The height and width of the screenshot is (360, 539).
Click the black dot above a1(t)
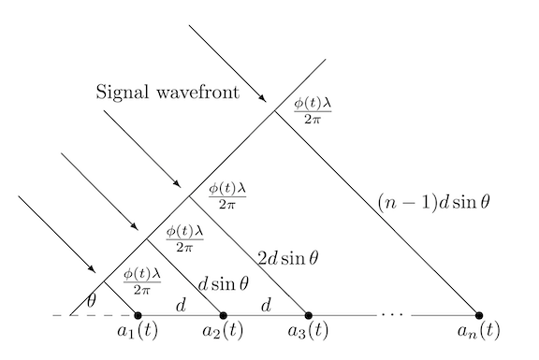tap(138, 315)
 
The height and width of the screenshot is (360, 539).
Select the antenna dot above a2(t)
tap(223, 315)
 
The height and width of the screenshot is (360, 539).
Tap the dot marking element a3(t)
tap(309, 315)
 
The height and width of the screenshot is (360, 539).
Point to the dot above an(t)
tap(479, 315)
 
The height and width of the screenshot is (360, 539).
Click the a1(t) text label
tap(138, 331)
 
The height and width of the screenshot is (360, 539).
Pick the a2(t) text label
tap(223, 331)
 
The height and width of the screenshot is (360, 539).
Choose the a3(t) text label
tap(308, 331)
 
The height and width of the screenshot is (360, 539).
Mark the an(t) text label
tap(478, 331)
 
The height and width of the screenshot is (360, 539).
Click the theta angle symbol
tap(91, 301)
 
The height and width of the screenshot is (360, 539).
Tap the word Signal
tap(123, 93)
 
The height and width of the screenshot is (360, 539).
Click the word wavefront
tap(198, 93)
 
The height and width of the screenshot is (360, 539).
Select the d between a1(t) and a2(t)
tap(181, 305)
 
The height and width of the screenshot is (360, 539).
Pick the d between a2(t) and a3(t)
tap(267, 305)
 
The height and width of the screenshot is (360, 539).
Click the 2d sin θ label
tap(288, 258)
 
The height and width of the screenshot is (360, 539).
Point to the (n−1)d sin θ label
tap(434, 202)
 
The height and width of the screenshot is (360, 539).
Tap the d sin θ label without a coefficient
tap(223, 284)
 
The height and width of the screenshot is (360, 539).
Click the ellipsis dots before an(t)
tap(394, 314)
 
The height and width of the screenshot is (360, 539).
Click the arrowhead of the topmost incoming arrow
tap(263, 98)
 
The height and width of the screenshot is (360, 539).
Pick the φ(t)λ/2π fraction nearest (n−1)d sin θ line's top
tap(313, 110)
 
